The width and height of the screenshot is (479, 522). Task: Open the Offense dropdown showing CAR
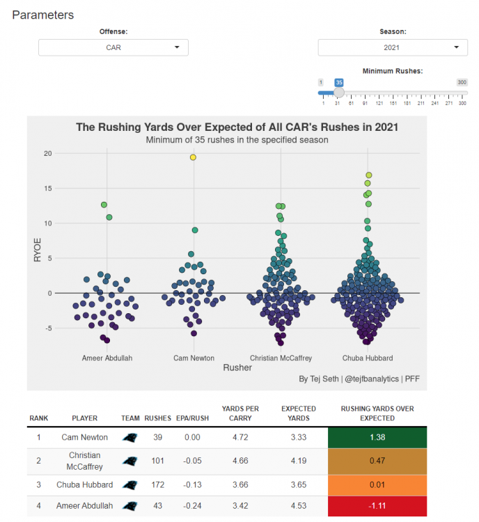pos(113,47)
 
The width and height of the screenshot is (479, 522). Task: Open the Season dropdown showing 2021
pos(393,47)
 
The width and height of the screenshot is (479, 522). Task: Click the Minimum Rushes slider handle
pos(339,92)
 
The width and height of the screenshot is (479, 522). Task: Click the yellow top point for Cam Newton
pos(193,157)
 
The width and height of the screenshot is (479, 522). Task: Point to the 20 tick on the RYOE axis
pos(47,153)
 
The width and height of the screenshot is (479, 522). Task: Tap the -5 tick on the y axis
pos(47,328)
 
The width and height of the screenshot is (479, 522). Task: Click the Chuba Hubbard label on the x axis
pos(368,358)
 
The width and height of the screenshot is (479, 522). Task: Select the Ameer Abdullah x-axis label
pos(107,358)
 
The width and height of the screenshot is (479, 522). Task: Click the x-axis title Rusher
pos(237,367)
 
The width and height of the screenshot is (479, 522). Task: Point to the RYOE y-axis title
pos(38,249)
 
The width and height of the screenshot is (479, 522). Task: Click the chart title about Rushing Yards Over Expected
pos(237,128)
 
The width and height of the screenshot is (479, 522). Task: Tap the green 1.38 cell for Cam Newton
pos(377,437)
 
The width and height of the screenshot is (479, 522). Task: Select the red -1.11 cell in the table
pos(377,506)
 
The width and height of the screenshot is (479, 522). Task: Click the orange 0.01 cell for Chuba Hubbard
pos(377,485)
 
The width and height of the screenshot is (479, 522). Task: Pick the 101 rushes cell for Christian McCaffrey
pos(157,460)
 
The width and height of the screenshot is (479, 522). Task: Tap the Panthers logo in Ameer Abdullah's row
pos(129,506)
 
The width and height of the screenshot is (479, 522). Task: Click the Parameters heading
pos(42,15)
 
